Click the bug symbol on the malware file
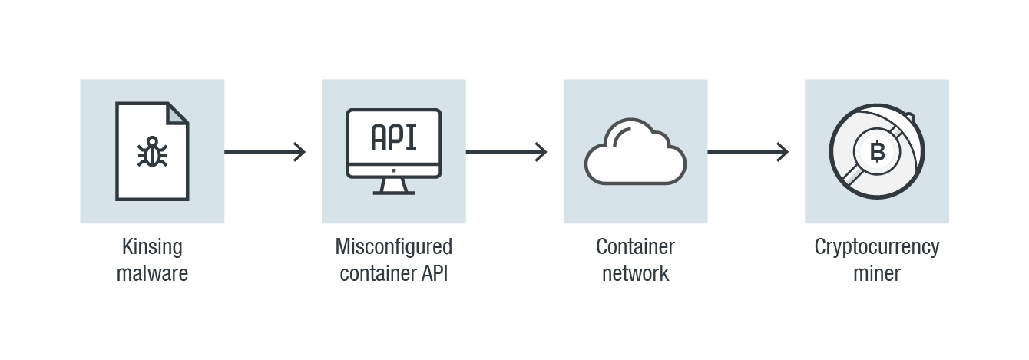(x=152, y=152)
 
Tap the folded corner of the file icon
(x=177, y=114)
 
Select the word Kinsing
(x=152, y=247)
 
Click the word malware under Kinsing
(x=152, y=272)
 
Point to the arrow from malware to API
(x=265, y=152)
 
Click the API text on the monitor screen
(x=393, y=137)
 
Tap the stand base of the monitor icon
(x=394, y=191)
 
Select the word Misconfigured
(x=393, y=247)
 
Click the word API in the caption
(x=435, y=272)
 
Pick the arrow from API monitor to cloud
(x=506, y=152)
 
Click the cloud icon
(x=635, y=154)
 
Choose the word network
(x=635, y=272)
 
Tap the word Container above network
(x=635, y=247)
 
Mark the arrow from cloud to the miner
(x=748, y=152)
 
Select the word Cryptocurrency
(x=876, y=247)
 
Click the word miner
(x=876, y=272)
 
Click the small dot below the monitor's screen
(x=394, y=170)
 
